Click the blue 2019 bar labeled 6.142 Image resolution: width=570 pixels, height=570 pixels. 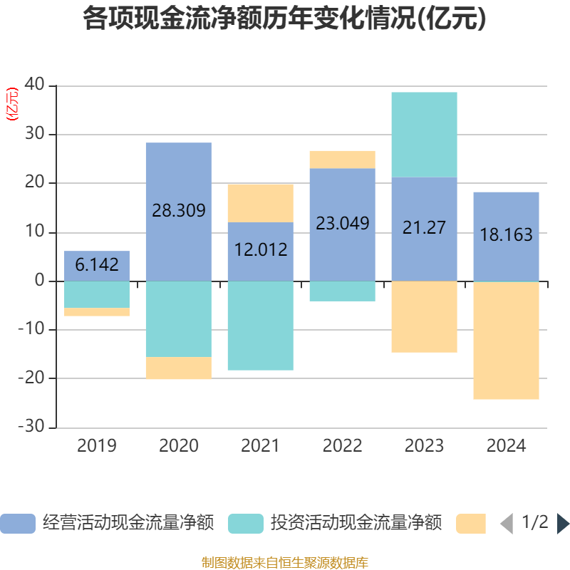[x=97, y=265]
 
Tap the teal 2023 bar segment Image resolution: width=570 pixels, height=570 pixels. [x=424, y=134]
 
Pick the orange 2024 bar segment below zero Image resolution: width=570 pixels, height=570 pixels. [x=506, y=341]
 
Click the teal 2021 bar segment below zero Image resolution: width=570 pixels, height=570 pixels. [x=260, y=326]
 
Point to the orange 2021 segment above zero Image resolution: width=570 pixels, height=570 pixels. [x=260, y=202]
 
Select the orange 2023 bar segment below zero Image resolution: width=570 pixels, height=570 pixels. [x=424, y=316]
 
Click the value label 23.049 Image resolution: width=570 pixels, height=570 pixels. [x=342, y=223]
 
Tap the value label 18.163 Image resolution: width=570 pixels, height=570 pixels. [x=506, y=235]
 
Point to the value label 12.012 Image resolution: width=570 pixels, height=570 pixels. [x=260, y=249]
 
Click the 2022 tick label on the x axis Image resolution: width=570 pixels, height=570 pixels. [x=342, y=446]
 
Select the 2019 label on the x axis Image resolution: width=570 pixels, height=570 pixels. [x=97, y=446]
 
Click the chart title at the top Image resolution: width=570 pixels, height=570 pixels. [x=285, y=19]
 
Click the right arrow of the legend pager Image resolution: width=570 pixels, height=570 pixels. [x=563, y=524]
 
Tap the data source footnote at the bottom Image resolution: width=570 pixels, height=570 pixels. [x=285, y=563]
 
